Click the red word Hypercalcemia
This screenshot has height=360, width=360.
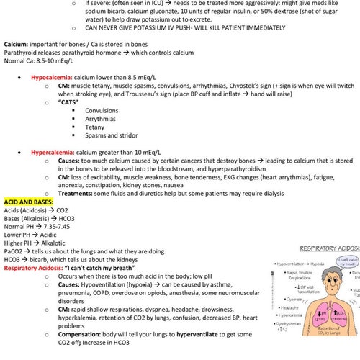(53, 153)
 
